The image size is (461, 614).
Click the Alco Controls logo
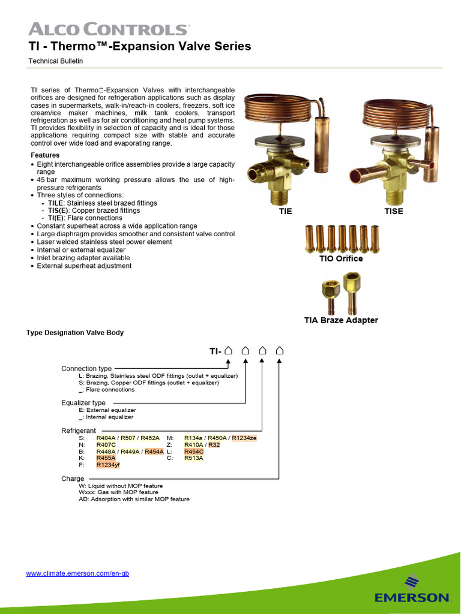[109, 29]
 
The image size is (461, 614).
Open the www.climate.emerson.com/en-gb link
[77, 574]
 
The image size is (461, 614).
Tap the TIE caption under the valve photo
[285, 212]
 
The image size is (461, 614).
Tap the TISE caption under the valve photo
[394, 212]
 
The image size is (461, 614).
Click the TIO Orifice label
[340, 259]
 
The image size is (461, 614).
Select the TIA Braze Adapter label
[340, 320]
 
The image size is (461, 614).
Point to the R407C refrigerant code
[107, 445]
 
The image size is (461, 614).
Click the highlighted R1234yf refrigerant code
[109, 465]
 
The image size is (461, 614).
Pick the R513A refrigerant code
[193, 458]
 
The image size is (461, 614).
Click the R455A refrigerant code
[106, 458]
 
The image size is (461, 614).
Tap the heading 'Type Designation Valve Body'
[75, 333]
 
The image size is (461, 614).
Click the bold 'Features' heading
[44, 155]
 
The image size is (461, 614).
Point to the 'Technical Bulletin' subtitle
[56, 61]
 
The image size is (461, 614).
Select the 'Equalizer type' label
[83, 403]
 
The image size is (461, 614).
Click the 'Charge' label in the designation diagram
[73, 479]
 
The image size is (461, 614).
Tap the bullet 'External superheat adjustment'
[84, 266]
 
